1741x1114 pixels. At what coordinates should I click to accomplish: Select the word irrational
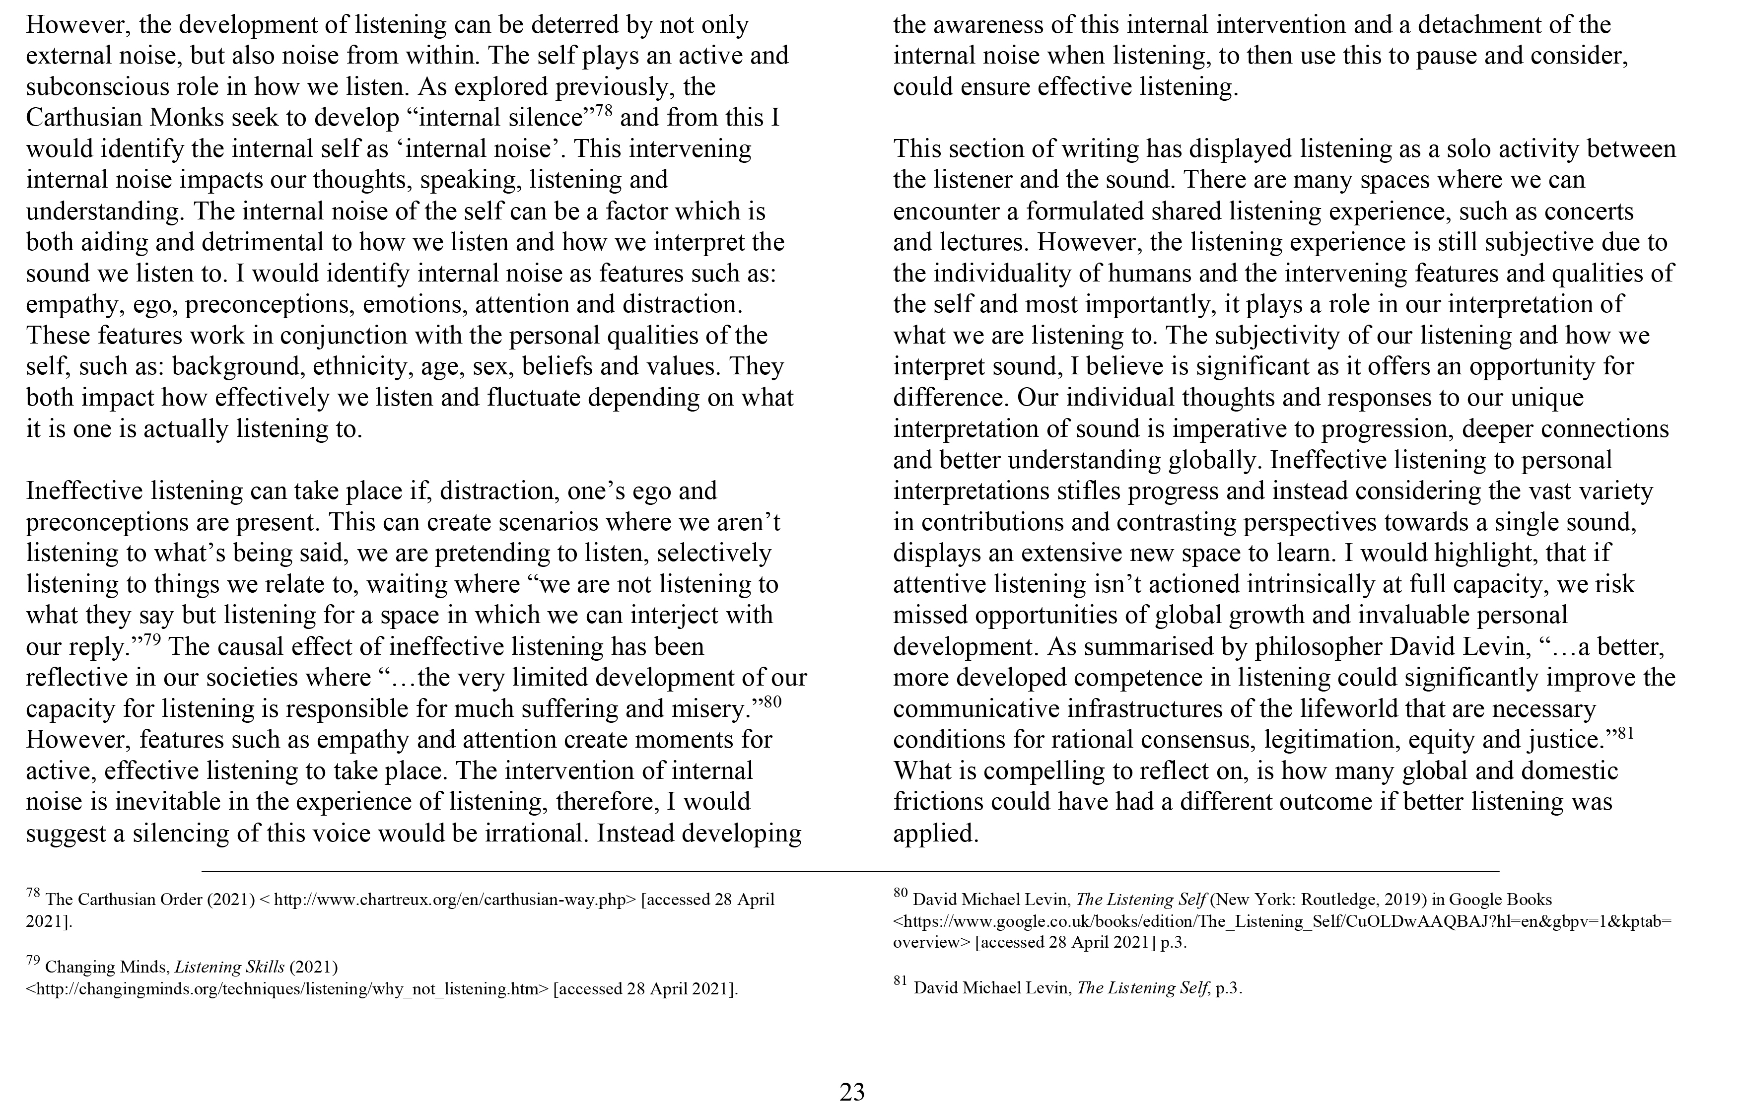[x=535, y=834]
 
